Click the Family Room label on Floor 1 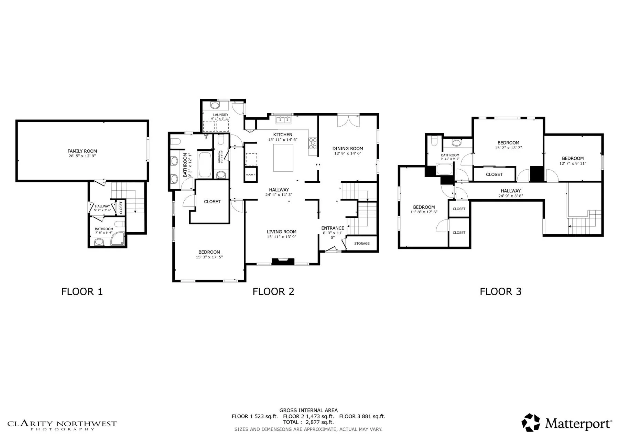click(x=82, y=151)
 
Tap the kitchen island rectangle click(x=283, y=158)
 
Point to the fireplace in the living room click(x=283, y=261)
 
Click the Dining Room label click(x=348, y=149)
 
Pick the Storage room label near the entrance click(x=362, y=244)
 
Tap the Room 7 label click(x=250, y=175)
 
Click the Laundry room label click(x=220, y=115)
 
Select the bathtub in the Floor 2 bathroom click(x=205, y=165)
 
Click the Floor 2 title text click(x=273, y=292)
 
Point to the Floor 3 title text click(x=500, y=292)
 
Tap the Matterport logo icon click(x=531, y=423)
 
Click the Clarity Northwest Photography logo click(x=62, y=425)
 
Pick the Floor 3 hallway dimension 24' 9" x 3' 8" click(x=510, y=196)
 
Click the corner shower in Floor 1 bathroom click(x=119, y=239)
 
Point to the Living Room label click(x=282, y=232)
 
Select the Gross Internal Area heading click(x=308, y=410)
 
